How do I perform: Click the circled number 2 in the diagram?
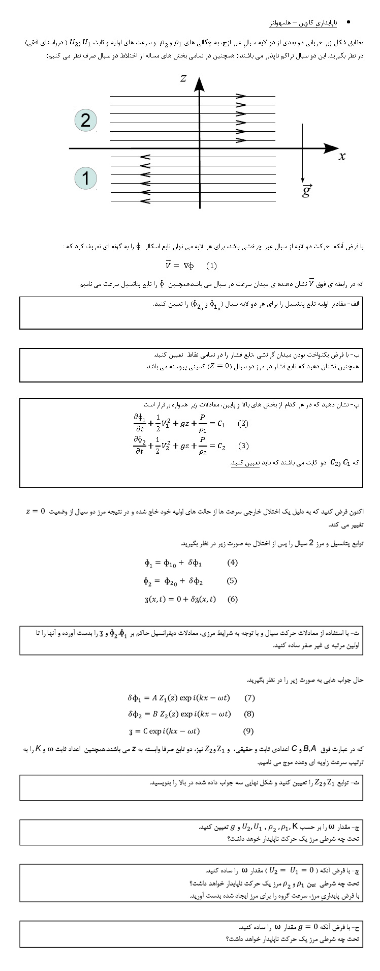click(x=85, y=121)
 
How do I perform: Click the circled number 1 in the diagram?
click(x=85, y=179)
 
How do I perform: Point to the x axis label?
click(x=342, y=156)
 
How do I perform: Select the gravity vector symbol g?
click(x=306, y=191)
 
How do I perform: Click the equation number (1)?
click(x=211, y=266)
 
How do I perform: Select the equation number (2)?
click(x=243, y=423)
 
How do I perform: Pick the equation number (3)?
click(x=243, y=446)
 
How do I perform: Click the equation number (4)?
click(x=232, y=563)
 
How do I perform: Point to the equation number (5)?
click(x=232, y=581)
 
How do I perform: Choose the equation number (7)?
click(x=249, y=698)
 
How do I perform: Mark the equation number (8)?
click(x=249, y=714)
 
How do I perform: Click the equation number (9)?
click(x=248, y=731)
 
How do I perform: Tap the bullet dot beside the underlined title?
click(x=348, y=23)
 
